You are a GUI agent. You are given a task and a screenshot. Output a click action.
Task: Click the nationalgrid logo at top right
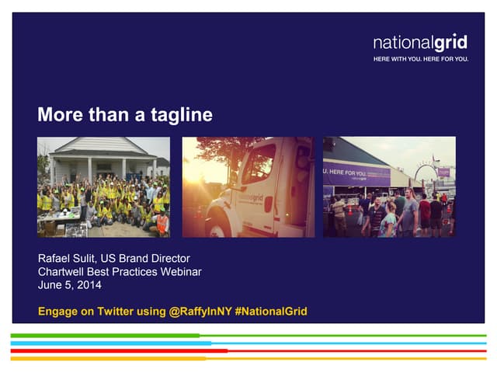420,42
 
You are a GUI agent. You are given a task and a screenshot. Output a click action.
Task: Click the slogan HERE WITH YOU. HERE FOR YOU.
420,59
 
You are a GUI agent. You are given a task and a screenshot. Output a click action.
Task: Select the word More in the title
58,116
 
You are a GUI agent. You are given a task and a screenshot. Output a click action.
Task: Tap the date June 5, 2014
70,284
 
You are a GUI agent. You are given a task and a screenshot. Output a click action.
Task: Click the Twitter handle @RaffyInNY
199,312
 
